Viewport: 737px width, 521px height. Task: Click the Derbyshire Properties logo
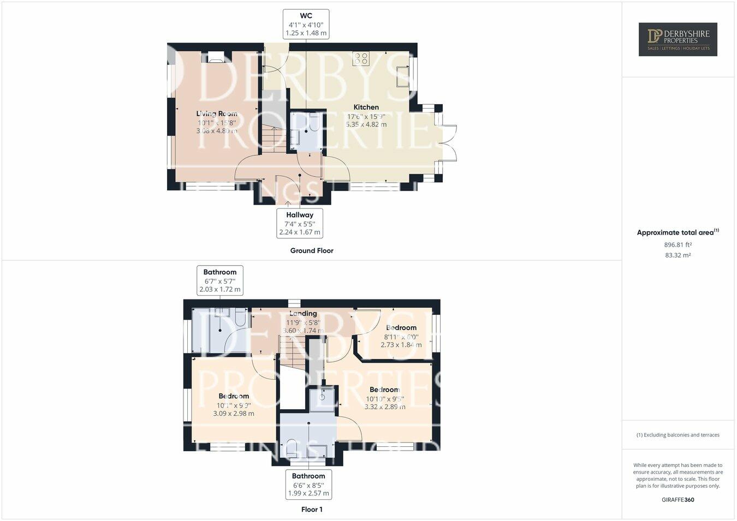[677, 39]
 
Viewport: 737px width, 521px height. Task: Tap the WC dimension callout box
[306, 24]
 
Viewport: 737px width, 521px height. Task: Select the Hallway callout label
[299, 223]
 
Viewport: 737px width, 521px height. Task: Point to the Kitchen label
[366, 107]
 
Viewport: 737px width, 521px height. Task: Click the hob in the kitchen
[360, 58]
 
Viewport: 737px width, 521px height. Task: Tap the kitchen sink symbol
[403, 75]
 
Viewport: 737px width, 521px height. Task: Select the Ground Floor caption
[311, 250]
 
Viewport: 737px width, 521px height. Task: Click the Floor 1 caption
[312, 510]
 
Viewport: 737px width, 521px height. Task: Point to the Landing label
[303, 314]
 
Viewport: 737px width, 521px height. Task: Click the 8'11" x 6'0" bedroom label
[401, 336]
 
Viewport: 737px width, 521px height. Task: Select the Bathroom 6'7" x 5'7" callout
[220, 280]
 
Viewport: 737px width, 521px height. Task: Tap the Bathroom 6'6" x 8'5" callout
[308, 484]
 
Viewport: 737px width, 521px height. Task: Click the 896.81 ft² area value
[677, 245]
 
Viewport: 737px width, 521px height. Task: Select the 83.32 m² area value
[677, 255]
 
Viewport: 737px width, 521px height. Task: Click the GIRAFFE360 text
[677, 499]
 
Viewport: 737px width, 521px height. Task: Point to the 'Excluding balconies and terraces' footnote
[677, 435]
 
